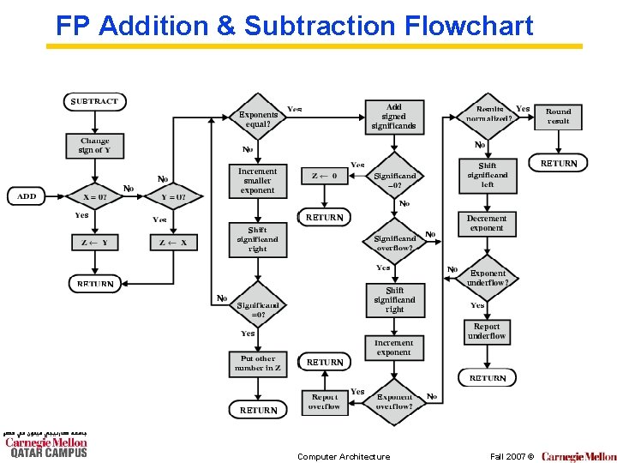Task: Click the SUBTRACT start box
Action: [94, 101]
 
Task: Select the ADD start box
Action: [27, 196]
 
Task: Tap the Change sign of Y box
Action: [95, 145]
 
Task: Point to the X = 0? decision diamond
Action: [95, 196]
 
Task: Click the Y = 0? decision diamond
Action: [173, 196]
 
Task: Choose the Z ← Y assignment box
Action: [95, 243]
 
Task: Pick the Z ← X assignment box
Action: [173, 243]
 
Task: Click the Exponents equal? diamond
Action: [258, 119]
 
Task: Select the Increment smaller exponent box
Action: [258, 180]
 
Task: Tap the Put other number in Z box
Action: [258, 364]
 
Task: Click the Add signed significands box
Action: [393, 117]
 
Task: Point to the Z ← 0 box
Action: [325, 176]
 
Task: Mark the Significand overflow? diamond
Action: [394, 243]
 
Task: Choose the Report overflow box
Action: [325, 401]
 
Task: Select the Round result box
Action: [559, 116]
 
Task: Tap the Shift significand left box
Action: [487, 175]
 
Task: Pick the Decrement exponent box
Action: [487, 223]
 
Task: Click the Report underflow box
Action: [487, 331]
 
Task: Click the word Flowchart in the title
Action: [469, 26]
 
